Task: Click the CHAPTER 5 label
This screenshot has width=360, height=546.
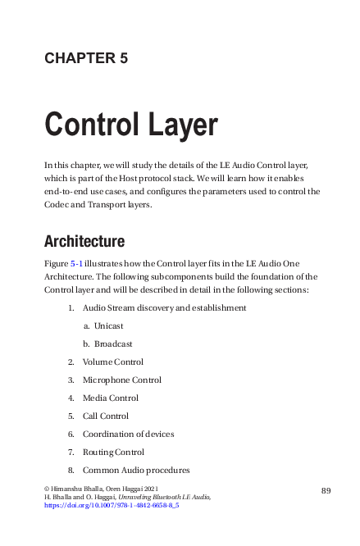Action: [85, 58]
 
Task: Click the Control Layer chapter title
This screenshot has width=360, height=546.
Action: [130, 125]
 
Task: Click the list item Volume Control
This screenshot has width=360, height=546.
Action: [112, 362]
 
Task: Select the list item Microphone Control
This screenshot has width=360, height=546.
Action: [121, 380]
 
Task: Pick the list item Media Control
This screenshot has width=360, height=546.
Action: [110, 398]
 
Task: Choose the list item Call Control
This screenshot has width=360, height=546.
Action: [105, 416]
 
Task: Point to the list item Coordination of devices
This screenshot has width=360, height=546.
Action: [128, 434]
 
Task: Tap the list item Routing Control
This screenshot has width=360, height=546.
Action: [113, 452]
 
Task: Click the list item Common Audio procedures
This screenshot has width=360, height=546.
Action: [136, 470]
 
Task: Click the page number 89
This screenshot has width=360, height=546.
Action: [326, 490]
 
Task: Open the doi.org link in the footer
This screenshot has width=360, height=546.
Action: [112, 506]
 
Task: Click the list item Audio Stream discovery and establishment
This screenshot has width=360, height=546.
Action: [164, 307]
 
